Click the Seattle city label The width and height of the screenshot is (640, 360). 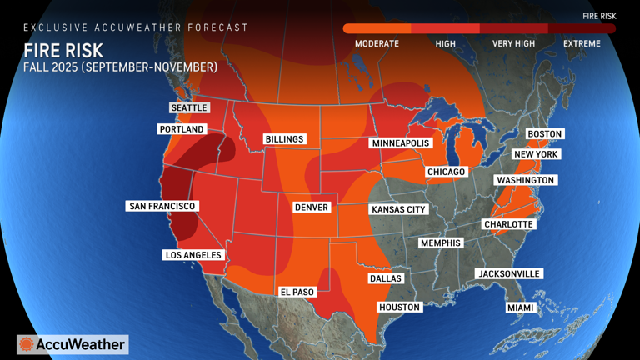pos(189,107)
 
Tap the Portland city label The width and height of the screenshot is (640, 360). pos(182,129)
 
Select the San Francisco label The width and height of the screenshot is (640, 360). pos(162,205)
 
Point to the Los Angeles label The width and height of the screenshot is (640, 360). pos(192,254)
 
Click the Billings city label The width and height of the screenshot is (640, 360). pos(285,138)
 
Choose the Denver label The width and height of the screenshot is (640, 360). pos(312,207)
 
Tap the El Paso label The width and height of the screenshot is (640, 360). pos(297,292)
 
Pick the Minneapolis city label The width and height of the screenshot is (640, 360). pos(399,143)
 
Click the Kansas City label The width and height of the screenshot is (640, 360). pos(398,209)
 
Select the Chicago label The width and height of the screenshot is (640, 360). pos(446,172)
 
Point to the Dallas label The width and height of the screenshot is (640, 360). pos(386,278)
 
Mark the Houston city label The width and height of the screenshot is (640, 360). pos(400,307)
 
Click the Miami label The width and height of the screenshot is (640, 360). pos(520,307)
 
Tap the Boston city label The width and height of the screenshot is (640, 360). pos(545,133)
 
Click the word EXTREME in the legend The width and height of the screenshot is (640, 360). pos(582,43)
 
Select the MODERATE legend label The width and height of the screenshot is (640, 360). pos(377,43)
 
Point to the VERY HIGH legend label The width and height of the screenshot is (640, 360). pos(513,43)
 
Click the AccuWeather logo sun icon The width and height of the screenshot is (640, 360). pos(27,344)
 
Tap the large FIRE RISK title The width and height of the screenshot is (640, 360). pos(63,50)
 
